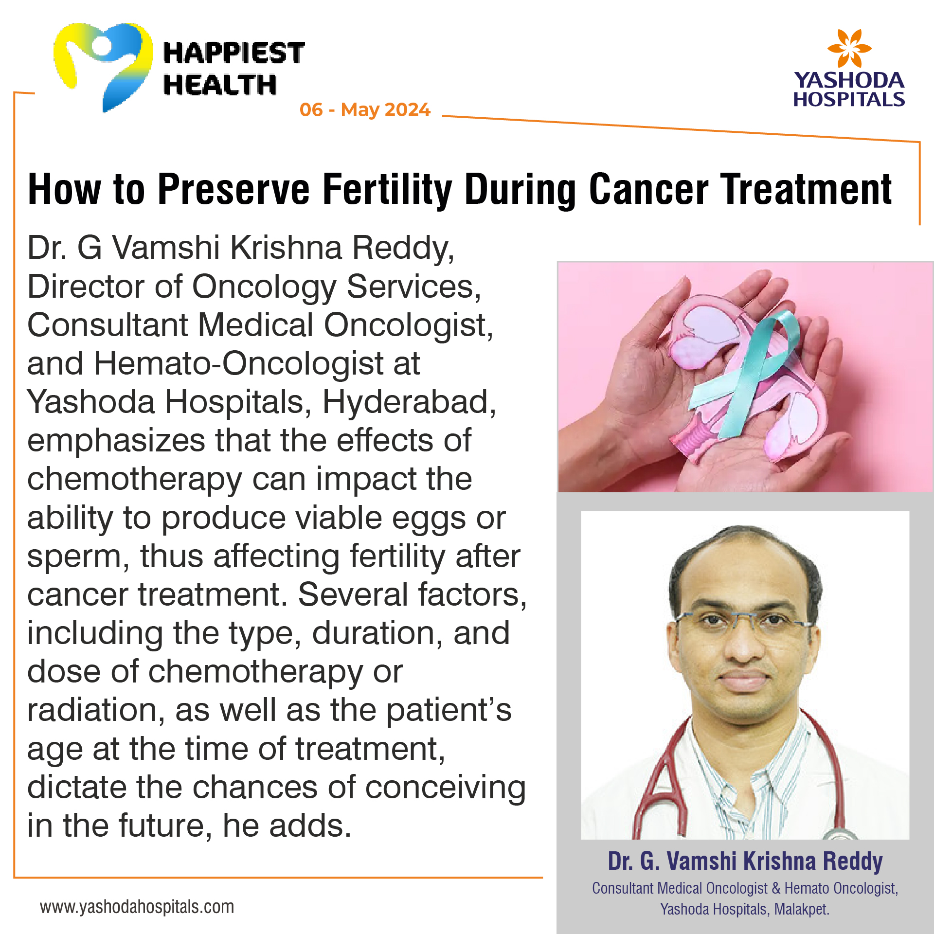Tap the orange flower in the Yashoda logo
[849, 48]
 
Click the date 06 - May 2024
[365, 109]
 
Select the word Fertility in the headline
[387, 190]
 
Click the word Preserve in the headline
[233, 189]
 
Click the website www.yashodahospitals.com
[137, 907]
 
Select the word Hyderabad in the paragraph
[409, 403]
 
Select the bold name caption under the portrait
[745, 862]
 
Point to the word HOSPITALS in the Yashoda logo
[849, 100]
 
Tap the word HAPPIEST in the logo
[234, 53]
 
